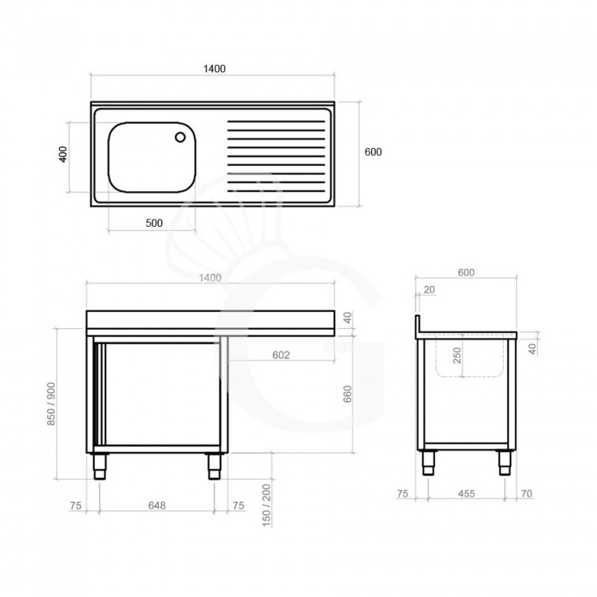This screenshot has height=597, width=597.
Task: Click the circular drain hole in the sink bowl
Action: point(180,137)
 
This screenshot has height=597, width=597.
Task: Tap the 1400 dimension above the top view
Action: point(214,69)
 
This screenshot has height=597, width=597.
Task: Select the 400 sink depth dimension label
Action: point(63,154)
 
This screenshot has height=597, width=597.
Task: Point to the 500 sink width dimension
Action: point(154,223)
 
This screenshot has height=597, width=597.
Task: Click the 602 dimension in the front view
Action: point(281,355)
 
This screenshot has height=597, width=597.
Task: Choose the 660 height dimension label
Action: point(348,394)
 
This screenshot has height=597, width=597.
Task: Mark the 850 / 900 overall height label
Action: point(51,404)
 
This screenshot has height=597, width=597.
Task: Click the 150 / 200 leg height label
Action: point(266,505)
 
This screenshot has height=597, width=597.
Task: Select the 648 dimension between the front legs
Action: point(157,505)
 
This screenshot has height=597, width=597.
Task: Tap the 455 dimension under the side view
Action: point(466,494)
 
